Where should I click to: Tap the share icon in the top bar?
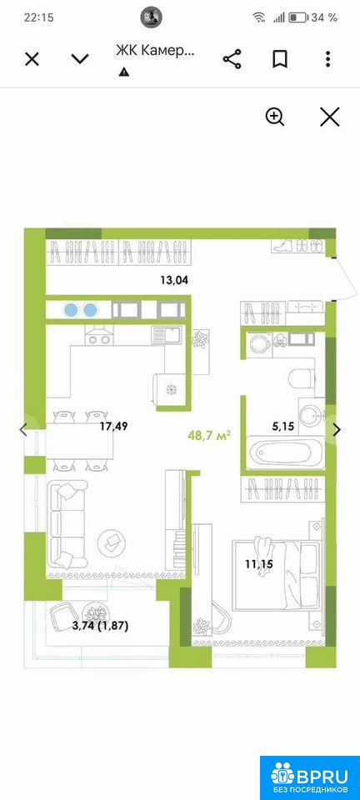(232, 59)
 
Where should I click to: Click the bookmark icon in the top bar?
(279, 59)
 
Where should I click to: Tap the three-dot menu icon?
(327, 59)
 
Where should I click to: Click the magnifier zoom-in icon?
(275, 117)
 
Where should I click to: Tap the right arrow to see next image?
(337, 430)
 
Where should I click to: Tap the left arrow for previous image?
(23, 430)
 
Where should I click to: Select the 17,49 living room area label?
(113, 427)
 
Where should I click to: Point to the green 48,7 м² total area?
(210, 436)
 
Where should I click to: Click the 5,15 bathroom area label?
(283, 427)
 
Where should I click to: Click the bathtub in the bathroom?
(284, 452)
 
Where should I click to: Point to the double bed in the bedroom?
(277, 575)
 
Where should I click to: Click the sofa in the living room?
(67, 526)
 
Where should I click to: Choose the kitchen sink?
(167, 336)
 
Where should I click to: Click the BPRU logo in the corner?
(310, 777)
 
